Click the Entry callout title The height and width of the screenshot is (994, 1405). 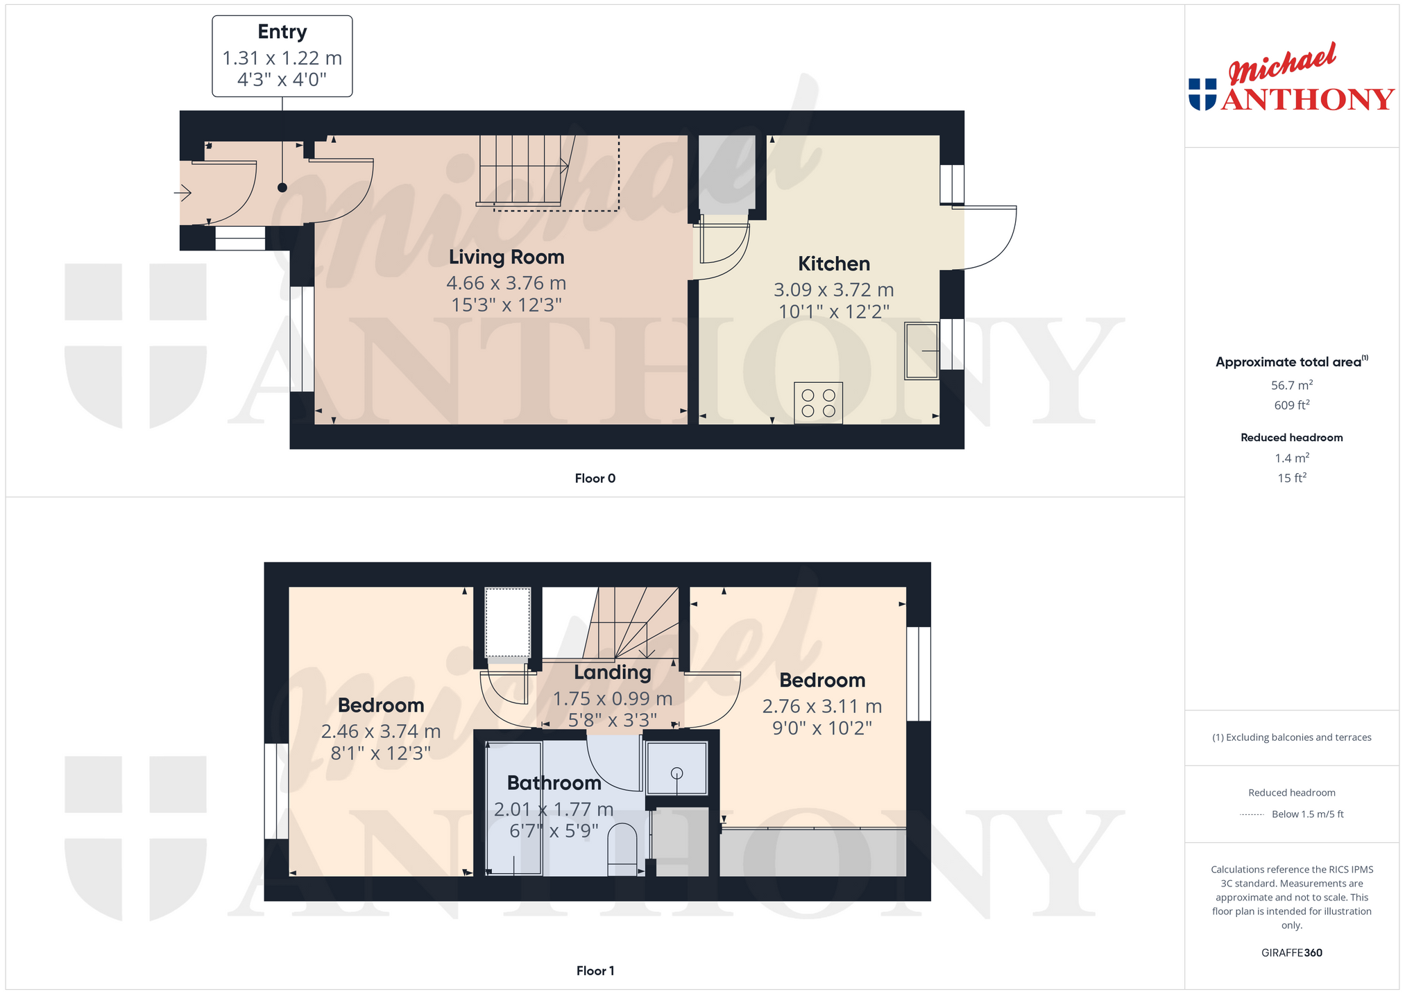[x=282, y=32]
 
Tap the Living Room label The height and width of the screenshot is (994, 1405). [x=506, y=257]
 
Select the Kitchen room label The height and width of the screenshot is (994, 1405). [x=833, y=264]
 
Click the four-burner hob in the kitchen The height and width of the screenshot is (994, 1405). [x=818, y=403]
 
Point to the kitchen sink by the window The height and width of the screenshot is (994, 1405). [x=921, y=351]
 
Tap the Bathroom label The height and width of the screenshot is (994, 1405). [x=554, y=783]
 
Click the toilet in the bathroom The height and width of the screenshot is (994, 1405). [x=622, y=850]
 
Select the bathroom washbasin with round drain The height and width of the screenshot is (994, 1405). [x=676, y=768]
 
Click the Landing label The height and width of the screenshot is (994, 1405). [x=612, y=672]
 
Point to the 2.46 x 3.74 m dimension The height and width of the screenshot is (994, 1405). [x=381, y=731]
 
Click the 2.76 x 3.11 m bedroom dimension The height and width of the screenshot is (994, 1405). [x=822, y=706]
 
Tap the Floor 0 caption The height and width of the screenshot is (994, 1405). [x=595, y=478]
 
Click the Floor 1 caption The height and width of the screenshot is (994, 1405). [x=595, y=970]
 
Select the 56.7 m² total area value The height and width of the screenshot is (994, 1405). [x=1291, y=385]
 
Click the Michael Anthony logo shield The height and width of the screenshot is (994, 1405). [x=1202, y=94]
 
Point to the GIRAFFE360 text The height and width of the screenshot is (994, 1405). [x=1291, y=952]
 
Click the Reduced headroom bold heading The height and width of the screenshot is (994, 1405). [x=1291, y=438]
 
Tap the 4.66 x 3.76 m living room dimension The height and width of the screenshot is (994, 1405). [x=506, y=283]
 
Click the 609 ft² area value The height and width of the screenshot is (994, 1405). [x=1291, y=405]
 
